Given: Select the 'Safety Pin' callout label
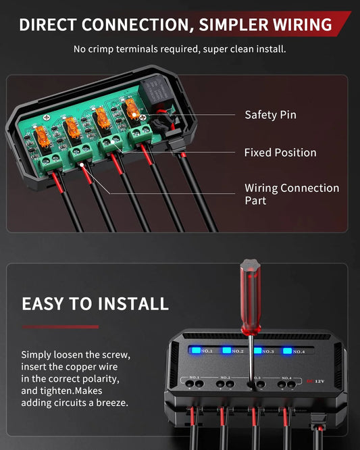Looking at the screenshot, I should coord(270,115).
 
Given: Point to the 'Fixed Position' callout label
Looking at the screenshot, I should coord(280,153).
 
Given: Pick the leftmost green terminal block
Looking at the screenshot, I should coord(49,160).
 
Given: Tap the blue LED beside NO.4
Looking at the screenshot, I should coord(287,351).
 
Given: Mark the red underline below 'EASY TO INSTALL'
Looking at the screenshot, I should coord(60,327).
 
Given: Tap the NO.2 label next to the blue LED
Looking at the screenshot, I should coord(238,351).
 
